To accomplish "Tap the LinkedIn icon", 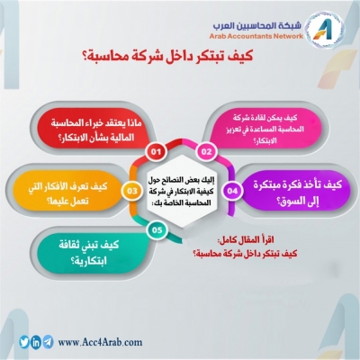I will (x=35, y=342).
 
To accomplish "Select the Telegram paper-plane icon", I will (x=48, y=342).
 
